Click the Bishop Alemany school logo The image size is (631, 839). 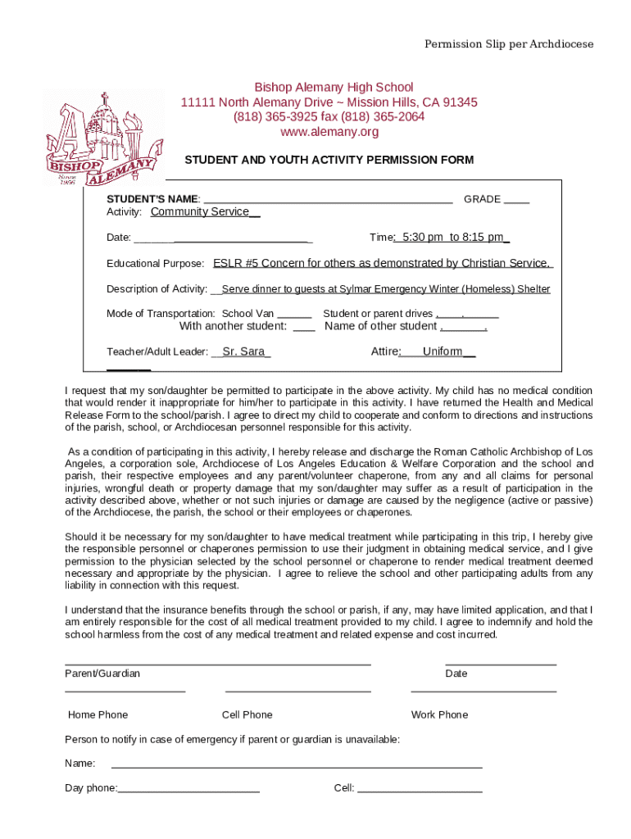pyautogui.click(x=101, y=141)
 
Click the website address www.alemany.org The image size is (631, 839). pyautogui.click(x=329, y=132)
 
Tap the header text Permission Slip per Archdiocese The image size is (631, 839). pyautogui.click(x=508, y=44)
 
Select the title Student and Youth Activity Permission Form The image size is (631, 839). pyautogui.click(x=329, y=160)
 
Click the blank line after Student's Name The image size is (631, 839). pyautogui.click(x=328, y=199)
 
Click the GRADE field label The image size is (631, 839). pyautogui.click(x=482, y=200)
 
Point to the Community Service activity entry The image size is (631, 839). pyautogui.click(x=205, y=212)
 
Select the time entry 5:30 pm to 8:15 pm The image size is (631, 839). pyautogui.click(x=452, y=238)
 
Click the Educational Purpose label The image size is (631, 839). pyautogui.click(x=156, y=264)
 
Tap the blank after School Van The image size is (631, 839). pyautogui.click(x=294, y=315)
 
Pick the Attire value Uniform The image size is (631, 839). pyautogui.click(x=443, y=351)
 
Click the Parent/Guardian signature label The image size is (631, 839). pyautogui.click(x=102, y=673)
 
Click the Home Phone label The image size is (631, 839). pyautogui.click(x=98, y=714)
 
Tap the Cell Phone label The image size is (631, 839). pyautogui.click(x=247, y=714)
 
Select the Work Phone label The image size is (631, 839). pyautogui.click(x=439, y=714)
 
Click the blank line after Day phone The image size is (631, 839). pyautogui.click(x=189, y=790)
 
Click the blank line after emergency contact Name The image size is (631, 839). pyautogui.click(x=296, y=765)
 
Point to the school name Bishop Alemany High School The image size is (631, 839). pyautogui.click(x=334, y=88)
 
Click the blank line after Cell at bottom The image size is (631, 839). pyautogui.click(x=420, y=790)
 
